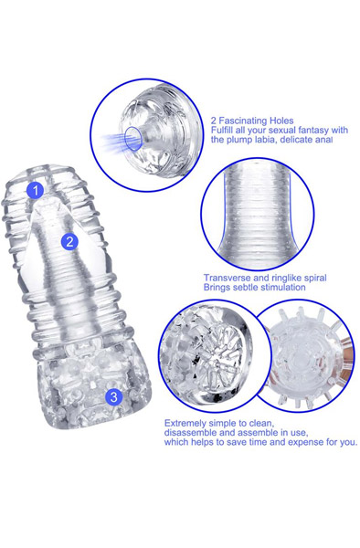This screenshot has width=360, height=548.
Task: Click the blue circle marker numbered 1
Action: click(x=36, y=191)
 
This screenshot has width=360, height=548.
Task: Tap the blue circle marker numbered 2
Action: click(x=69, y=242)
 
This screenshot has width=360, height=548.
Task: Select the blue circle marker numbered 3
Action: click(x=114, y=397)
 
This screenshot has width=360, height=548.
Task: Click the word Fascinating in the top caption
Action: click(x=242, y=121)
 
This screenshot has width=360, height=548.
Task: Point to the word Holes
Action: click(x=281, y=121)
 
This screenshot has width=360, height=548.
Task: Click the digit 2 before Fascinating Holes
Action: click(x=214, y=121)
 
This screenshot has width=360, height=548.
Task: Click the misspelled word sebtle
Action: click(x=241, y=288)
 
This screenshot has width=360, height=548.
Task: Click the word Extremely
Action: click(x=185, y=424)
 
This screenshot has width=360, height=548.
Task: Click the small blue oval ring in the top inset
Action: click(x=133, y=139)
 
